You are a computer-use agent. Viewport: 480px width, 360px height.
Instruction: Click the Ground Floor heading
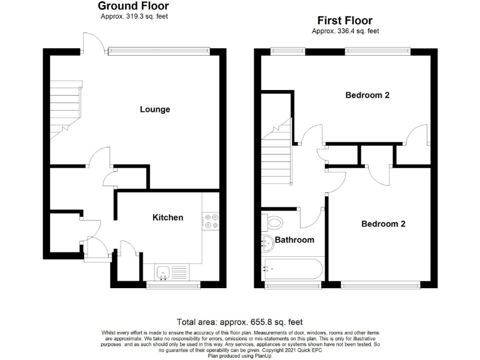coord(134,6)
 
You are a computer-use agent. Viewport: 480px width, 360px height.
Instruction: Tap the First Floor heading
coord(346,20)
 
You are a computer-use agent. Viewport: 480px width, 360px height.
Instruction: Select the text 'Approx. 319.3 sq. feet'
coord(134,17)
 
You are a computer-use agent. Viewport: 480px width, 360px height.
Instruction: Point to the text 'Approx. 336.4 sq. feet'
coord(346,31)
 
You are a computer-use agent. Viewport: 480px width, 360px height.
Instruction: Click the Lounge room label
coord(154,109)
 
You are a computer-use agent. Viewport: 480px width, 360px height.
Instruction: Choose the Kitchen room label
coord(168,217)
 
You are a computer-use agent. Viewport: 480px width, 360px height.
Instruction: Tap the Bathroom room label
coord(294,239)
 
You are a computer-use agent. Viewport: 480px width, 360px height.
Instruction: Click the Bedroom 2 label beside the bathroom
coord(383,224)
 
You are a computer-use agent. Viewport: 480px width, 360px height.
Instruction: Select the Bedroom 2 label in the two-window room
coord(367,96)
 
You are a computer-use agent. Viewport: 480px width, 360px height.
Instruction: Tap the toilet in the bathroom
coord(273,222)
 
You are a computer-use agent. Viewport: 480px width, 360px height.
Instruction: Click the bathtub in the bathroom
coord(293,269)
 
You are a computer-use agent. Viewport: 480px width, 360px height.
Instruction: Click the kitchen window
coord(173,286)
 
